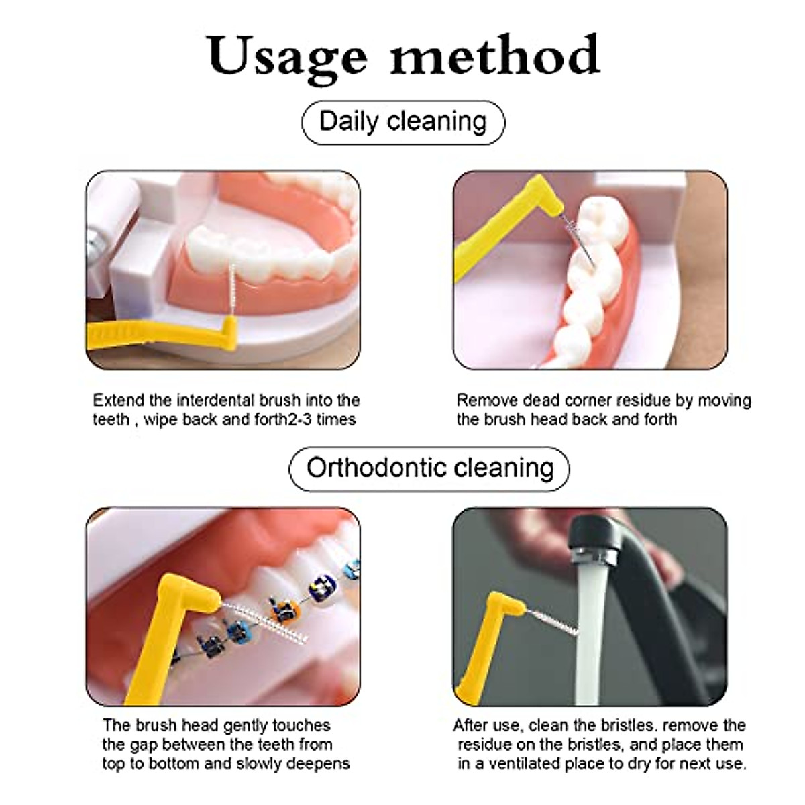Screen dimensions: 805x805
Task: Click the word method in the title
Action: coord(495,55)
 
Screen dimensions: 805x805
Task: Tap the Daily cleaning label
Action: coord(402,122)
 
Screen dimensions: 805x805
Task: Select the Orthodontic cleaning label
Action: coord(429,468)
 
